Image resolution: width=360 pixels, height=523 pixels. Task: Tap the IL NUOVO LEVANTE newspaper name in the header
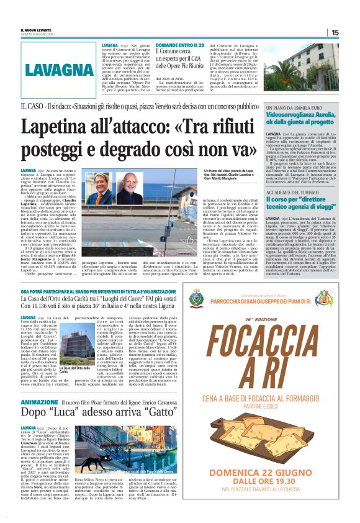click(x=35, y=29)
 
